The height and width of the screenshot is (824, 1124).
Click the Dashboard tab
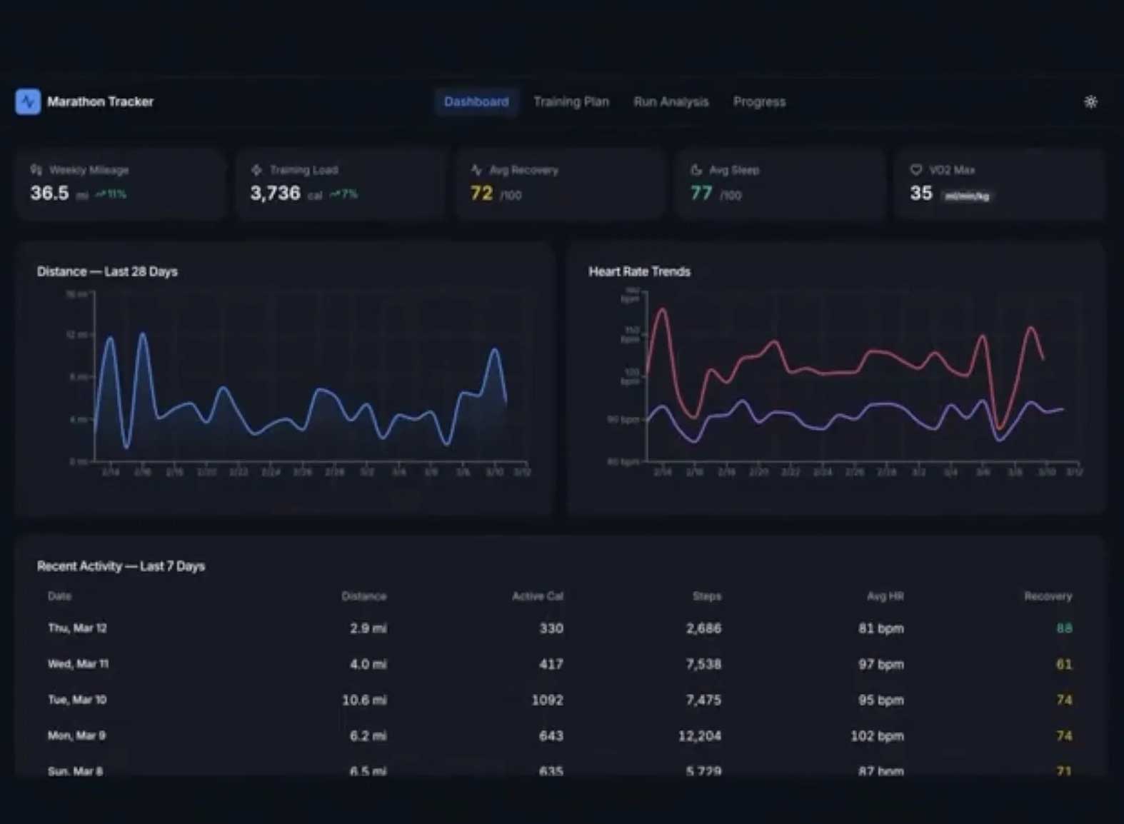pos(476,102)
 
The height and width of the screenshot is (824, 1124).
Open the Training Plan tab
pos(571,102)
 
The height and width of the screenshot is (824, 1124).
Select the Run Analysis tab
pos(671,102)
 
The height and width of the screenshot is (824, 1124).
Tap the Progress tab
pos(759,102)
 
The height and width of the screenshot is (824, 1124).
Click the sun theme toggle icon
pos(1090,102)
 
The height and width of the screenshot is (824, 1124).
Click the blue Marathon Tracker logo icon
pos(28,102)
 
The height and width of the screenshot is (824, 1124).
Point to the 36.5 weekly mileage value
pos(49,194)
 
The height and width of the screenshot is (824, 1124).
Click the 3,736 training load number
pos(275,194)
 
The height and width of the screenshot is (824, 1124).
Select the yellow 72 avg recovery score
pos(481,194)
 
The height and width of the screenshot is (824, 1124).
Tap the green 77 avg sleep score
pos(701,194)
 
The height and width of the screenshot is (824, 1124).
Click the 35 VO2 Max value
pos(920,194)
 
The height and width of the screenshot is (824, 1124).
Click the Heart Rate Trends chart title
pos(639,272)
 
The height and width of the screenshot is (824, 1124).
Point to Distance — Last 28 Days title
pos(107,272)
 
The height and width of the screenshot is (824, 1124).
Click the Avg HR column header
pos(885,596)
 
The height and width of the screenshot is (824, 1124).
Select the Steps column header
pos(706,596)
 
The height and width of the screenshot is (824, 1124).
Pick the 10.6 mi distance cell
pos(364,700)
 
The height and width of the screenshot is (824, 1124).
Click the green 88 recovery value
pos(1063,628)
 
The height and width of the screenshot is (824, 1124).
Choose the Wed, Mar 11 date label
pos(78,664)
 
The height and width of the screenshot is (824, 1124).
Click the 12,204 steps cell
pos(699,736)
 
